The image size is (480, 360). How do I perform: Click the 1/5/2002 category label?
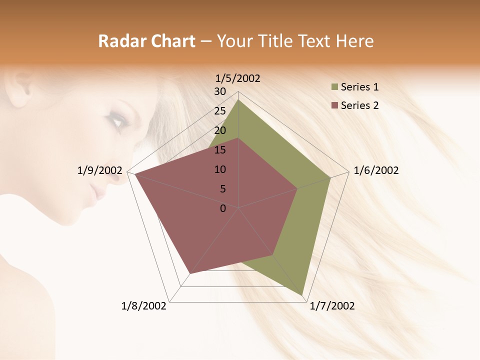(x=237, y=78)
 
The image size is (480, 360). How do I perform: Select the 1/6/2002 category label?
(x=376, y=170)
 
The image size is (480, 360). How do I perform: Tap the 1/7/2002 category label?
(x=332, y=306)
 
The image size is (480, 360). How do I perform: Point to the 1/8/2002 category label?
(x=144, y=306)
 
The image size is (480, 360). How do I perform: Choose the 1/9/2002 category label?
(x=100, y=170)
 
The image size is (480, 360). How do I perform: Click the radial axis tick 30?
(x=220, y=91)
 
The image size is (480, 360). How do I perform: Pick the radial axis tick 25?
(x=220, y=111)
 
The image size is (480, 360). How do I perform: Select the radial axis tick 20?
(x=220, y=130)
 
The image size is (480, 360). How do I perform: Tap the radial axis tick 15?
(x=220, y=150)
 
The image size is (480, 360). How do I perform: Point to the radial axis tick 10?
(x=220, y=169)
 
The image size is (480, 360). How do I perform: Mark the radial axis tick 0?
(x=223, y=208)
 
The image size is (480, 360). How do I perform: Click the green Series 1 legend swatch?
(x=334, y=87)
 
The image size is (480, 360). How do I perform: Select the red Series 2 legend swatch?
(x=334, y=105)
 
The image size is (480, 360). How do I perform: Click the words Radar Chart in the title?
(x=146, y=41)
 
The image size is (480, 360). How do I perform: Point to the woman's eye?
(x=116, y=121)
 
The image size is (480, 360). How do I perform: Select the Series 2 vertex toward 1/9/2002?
(x=134, y=174)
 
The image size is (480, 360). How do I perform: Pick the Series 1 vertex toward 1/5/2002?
(x=238, y=100)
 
